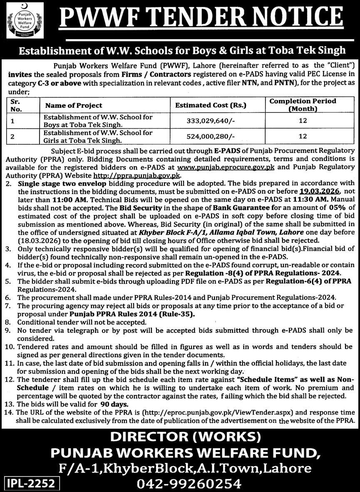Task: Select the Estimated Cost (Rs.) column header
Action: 211,105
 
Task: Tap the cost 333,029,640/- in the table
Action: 210,121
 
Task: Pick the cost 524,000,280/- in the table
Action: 210,136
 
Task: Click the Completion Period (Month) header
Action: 303,105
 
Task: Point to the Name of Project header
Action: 74,105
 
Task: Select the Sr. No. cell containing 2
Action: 12,136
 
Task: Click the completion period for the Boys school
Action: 303,121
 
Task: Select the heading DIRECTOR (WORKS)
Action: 180,437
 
